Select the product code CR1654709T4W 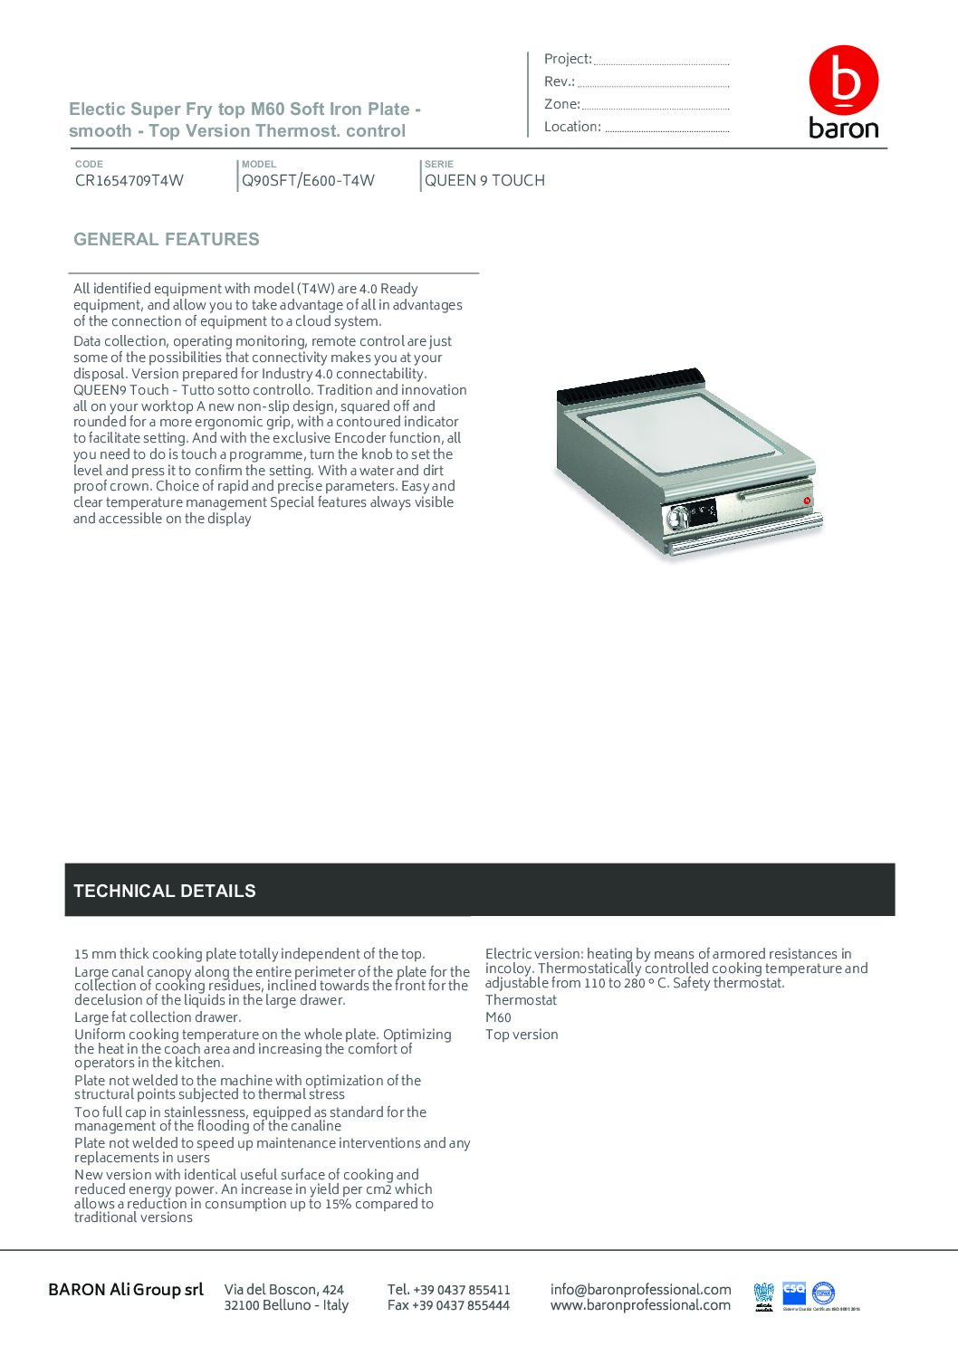[x=129, y=180]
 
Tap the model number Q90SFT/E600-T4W [x=308, y=180]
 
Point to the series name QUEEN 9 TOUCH [x=484, y=180]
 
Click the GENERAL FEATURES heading [x=167, y=239]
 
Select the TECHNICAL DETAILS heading [x=165, y=891]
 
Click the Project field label [x=568, y=59]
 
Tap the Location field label [x=572, y=127]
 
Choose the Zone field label [x=561, y=104]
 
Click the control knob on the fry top [x=676, y=518]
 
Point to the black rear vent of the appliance [x=629, y=386]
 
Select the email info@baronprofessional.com [x=640, y=1289]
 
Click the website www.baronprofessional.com [x=640, y=1305]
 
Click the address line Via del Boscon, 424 [x=284, y=1289]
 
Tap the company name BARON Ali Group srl [x=126, y=1289]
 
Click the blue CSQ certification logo [x=794, y=1291]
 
